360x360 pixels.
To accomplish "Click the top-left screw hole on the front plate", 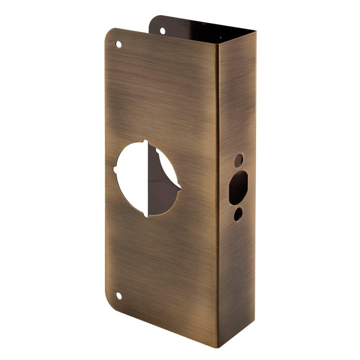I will point(118,44).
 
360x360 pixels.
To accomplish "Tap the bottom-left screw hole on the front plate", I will point(118,296).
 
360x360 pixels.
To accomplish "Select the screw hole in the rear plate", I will point(162,31).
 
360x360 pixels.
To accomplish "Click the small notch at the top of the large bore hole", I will point(145,141).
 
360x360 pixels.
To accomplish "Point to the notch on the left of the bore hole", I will point(115,168).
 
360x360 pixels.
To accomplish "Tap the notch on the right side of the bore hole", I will point(179,186).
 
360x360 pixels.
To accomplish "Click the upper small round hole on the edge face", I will point(239,161).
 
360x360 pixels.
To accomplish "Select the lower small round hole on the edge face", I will point(238,214).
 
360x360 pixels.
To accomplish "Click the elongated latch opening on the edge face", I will point(238,188).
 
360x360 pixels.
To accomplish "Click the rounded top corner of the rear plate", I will point(153,18).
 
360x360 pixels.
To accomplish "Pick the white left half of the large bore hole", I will point(131,178).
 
